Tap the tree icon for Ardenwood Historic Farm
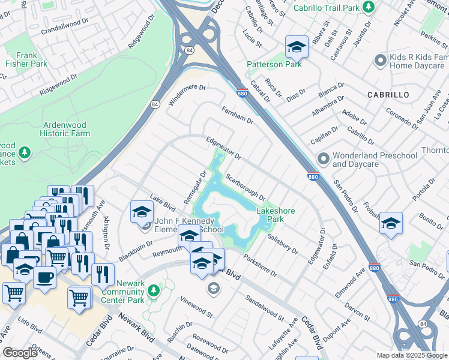tap(25, 154)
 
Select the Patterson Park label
tap(274, 64)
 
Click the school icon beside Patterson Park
tap(296, 46)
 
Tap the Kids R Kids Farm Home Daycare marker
tap(379, 60)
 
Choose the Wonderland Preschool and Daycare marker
tap(324, 160)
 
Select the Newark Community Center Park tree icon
tap(154, 291)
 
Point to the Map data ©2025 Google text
tap(411, 355)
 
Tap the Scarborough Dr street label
tap(246, 187)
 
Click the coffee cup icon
tap(44, 277)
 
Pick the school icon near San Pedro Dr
tap(391, 223)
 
